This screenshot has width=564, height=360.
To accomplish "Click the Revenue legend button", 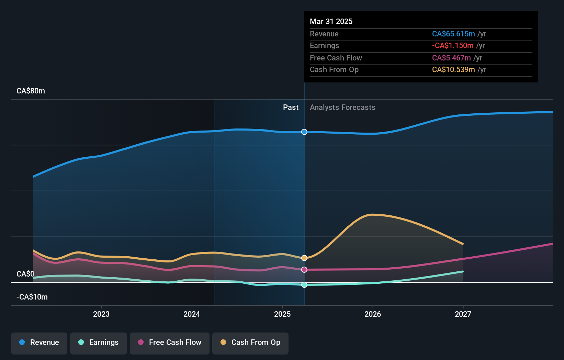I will click(x=39, y=342).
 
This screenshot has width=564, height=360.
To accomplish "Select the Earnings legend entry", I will click(x=99, y=342).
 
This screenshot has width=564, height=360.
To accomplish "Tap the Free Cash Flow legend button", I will click(x=170, y=342).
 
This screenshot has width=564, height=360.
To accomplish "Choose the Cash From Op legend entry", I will click(x=250, y=342).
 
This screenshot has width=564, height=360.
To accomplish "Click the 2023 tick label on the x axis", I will click(x=101, y=314).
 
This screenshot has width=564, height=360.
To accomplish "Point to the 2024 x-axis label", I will click(x=192, y=314).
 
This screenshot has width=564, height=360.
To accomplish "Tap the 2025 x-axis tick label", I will click(x=282, y=314).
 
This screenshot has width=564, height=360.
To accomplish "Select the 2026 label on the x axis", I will click(x=373, y=314).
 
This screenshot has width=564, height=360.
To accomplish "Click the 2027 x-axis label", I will click(x=463, y=314).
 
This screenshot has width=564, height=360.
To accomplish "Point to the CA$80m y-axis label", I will click(x=31, y=91).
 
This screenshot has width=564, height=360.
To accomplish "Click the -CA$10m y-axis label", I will click(x=32, y=297).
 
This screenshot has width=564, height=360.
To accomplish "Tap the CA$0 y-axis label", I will click(x=25, y=274).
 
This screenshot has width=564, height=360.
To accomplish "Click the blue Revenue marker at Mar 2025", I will click(x=304, y=132).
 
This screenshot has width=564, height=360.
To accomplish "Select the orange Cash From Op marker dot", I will click(x=304, y=258).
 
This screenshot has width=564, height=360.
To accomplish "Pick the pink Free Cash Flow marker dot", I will click(x=304, y=270).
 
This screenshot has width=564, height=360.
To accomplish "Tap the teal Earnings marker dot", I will click(x=304, y=285).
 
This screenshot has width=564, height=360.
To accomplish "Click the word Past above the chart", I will click(x=291, y=108).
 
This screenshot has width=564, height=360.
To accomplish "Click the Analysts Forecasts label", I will click(x=342, y=108).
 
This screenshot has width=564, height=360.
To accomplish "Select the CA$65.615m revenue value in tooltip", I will click(x=453, y=34).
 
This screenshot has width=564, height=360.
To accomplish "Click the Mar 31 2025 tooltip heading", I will click(x=331, y=21).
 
